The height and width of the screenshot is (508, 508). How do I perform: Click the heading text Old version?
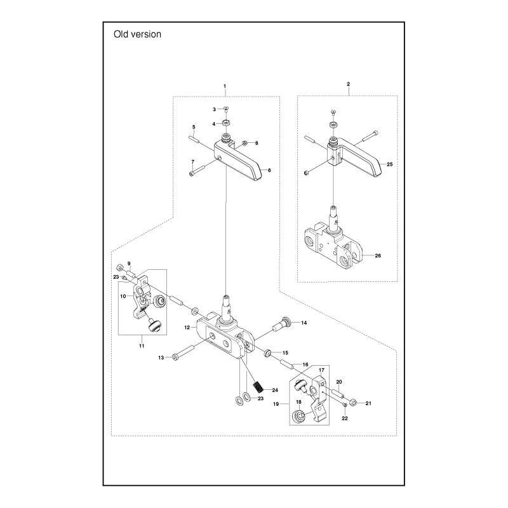pyautogui.click(x=137, y=34)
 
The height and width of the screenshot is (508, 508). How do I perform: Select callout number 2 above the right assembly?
pyautogui.click(x=349, y=84)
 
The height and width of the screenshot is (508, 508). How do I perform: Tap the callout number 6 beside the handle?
pyautogui.click(x=269, y=170)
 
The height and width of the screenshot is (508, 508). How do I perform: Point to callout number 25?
pyautogui.click(x=390, y=164)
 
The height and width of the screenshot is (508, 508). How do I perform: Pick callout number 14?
pyautogui.click(x=304, y=323)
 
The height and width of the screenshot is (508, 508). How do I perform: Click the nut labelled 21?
pyautogui.click(x=354, y=403)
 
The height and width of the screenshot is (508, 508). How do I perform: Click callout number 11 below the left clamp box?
pyautogui.click(x=142, y=345)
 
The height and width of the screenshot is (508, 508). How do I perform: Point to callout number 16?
pyautogui.click(x=305, y=365)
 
